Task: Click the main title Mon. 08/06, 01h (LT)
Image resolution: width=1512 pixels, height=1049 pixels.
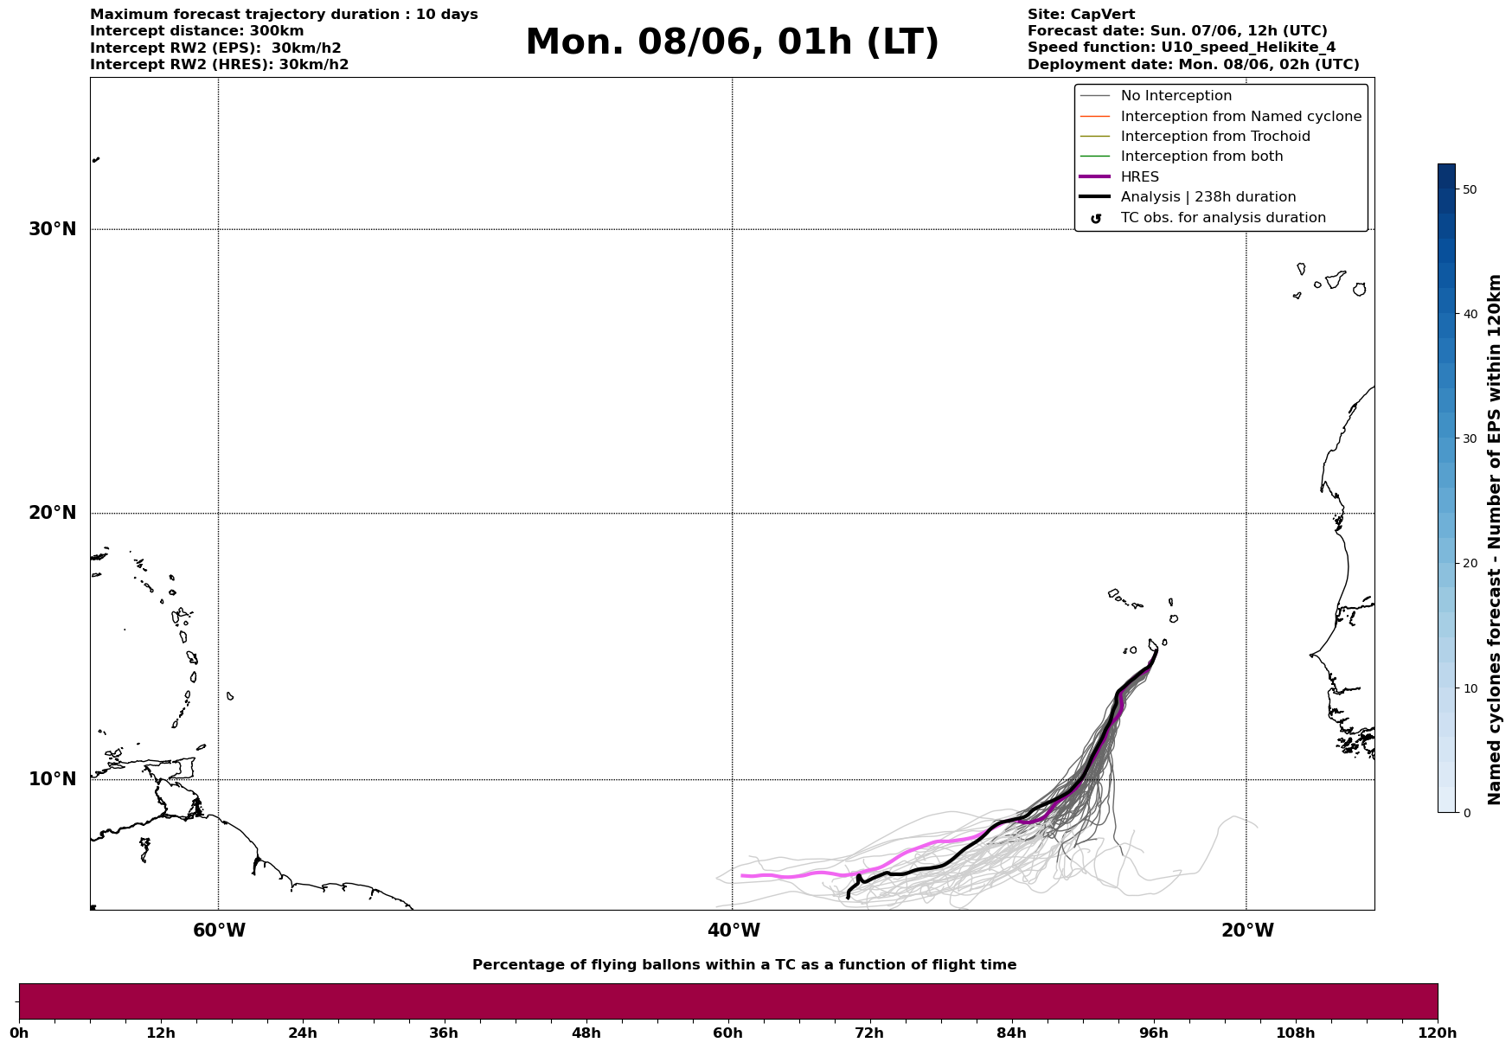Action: point(732,42)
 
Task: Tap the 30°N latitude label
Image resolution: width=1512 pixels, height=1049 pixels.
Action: point(53,229)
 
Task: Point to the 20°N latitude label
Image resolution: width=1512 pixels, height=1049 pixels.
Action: point(53,513)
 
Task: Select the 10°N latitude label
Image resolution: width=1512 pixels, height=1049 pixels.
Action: point(53,779)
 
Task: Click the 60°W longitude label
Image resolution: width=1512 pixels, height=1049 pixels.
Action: point(219,931)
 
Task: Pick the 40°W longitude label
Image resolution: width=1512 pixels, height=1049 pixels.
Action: point(734,931)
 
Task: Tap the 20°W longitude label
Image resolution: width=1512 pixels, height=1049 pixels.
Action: point(1247,931)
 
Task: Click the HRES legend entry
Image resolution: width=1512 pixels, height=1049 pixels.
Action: point(1140,177)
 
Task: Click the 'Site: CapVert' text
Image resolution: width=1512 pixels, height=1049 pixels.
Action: point(1081,15)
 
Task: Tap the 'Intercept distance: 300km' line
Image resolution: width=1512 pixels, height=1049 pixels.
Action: point(197,31)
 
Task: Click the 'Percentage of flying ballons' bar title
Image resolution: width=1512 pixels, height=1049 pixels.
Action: point(744,965)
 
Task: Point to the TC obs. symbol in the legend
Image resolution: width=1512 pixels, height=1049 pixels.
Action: point(1096,219)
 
